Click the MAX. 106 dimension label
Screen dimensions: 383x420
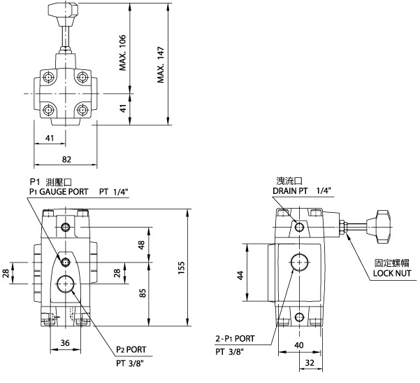click(124, 53)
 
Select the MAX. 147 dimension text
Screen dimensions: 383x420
click(161, 65)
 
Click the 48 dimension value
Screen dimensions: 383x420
click(141, 245)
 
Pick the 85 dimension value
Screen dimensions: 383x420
click(141, 293)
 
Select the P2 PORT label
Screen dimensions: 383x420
click(130, 350)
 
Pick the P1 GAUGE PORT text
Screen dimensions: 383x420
click(59, 191)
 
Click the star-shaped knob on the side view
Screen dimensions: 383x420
click(382, 225)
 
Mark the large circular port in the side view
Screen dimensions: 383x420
click(300, 264)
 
